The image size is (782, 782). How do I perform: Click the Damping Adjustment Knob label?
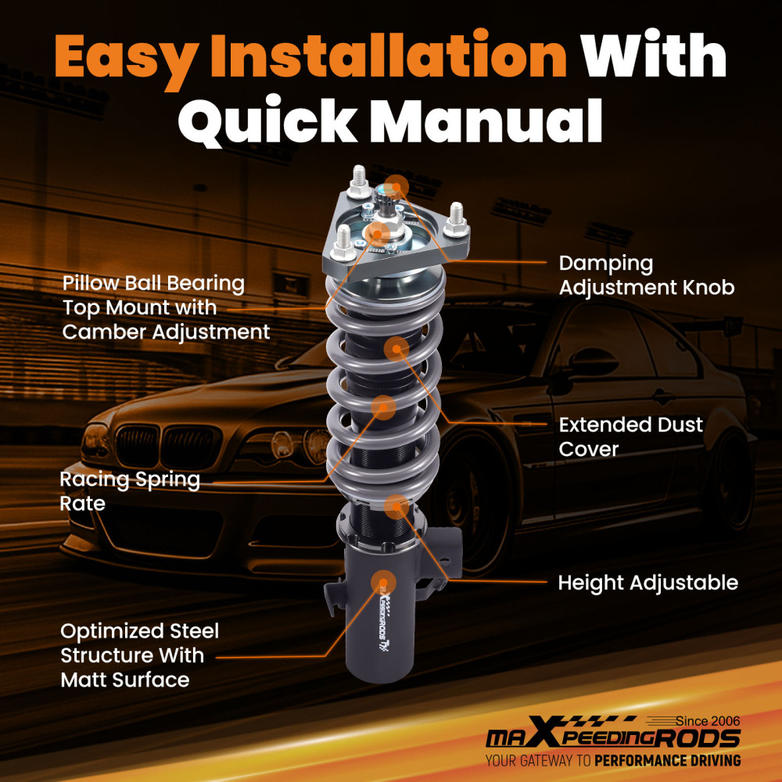point(646,274)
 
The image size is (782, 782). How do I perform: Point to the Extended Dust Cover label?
point(630,436)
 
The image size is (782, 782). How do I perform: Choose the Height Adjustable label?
point(647,583)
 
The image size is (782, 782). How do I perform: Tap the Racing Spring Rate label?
point(130,491)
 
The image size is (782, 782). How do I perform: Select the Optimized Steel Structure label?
point(140,655)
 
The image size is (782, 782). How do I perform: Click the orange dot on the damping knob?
point(397,185)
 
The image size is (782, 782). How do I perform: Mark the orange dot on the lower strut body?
point(388,580)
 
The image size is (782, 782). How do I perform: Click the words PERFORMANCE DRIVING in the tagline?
point(668,760)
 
